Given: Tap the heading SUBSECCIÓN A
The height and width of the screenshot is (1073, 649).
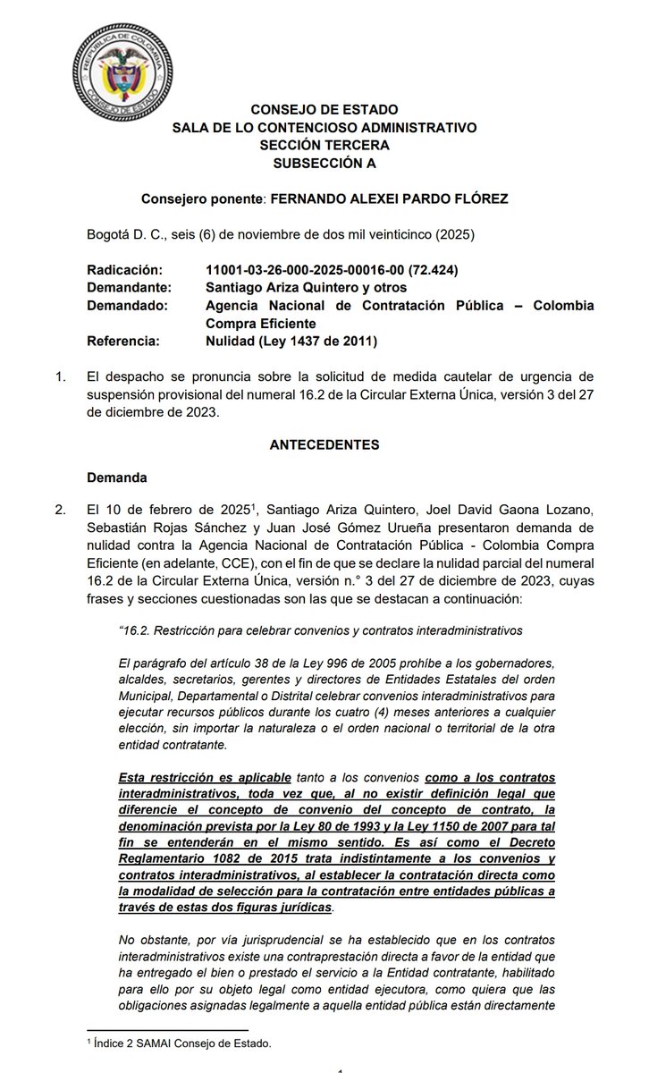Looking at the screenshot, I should (324, 163).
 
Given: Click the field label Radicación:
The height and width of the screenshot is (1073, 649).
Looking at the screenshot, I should (126, 269).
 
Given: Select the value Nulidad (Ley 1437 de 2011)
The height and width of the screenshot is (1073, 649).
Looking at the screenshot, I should (290, 341).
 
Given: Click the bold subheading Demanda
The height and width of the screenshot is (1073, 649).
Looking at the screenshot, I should (116, 477).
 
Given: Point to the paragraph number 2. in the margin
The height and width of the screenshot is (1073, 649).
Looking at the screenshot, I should (61, 511).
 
